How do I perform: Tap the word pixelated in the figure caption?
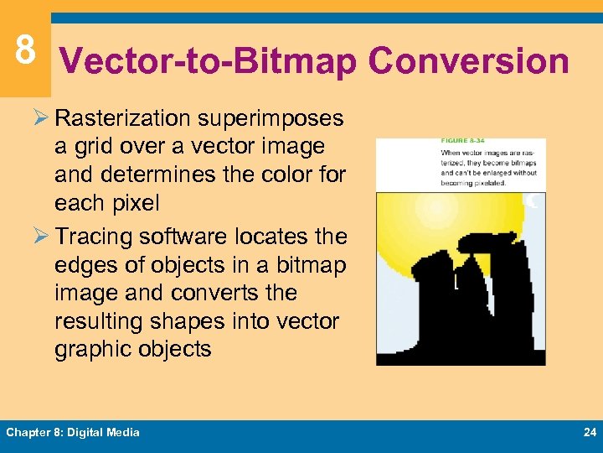487,183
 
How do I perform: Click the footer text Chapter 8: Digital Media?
73,432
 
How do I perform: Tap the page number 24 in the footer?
588,432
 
